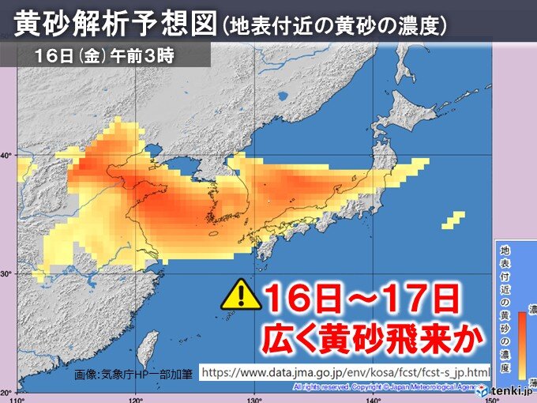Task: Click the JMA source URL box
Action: pyautogui.click(x=344, y=371)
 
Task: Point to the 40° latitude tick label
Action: pyautogui.click(x=6, y=155)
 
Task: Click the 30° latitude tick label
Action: pyautogui.click(x=6, y=274)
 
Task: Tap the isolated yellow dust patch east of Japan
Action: pyautogui.click(x=453, y=221)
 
